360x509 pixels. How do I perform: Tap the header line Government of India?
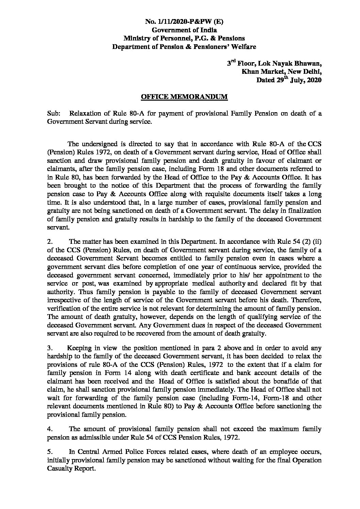click(x=184, y=30)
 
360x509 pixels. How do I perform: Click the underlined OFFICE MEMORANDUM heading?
click(x=184, y=97)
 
